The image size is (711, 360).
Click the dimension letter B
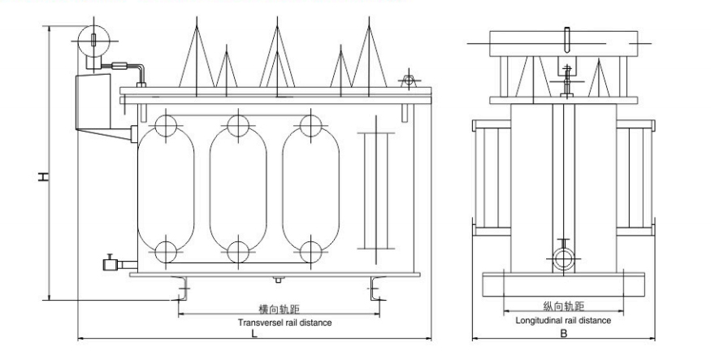[x=562, y=332]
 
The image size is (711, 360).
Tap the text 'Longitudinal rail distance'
[x=563, y=320]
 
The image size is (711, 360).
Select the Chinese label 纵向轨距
[x=562, y=307]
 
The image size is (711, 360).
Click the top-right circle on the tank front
[x=310, y=125]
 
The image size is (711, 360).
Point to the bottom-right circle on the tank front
[x=310, y=250]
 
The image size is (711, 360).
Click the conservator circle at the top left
[x=93, y=37]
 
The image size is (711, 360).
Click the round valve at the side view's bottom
[x=563, y=259]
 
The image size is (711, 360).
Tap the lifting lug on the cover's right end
[x=406, y=81]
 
